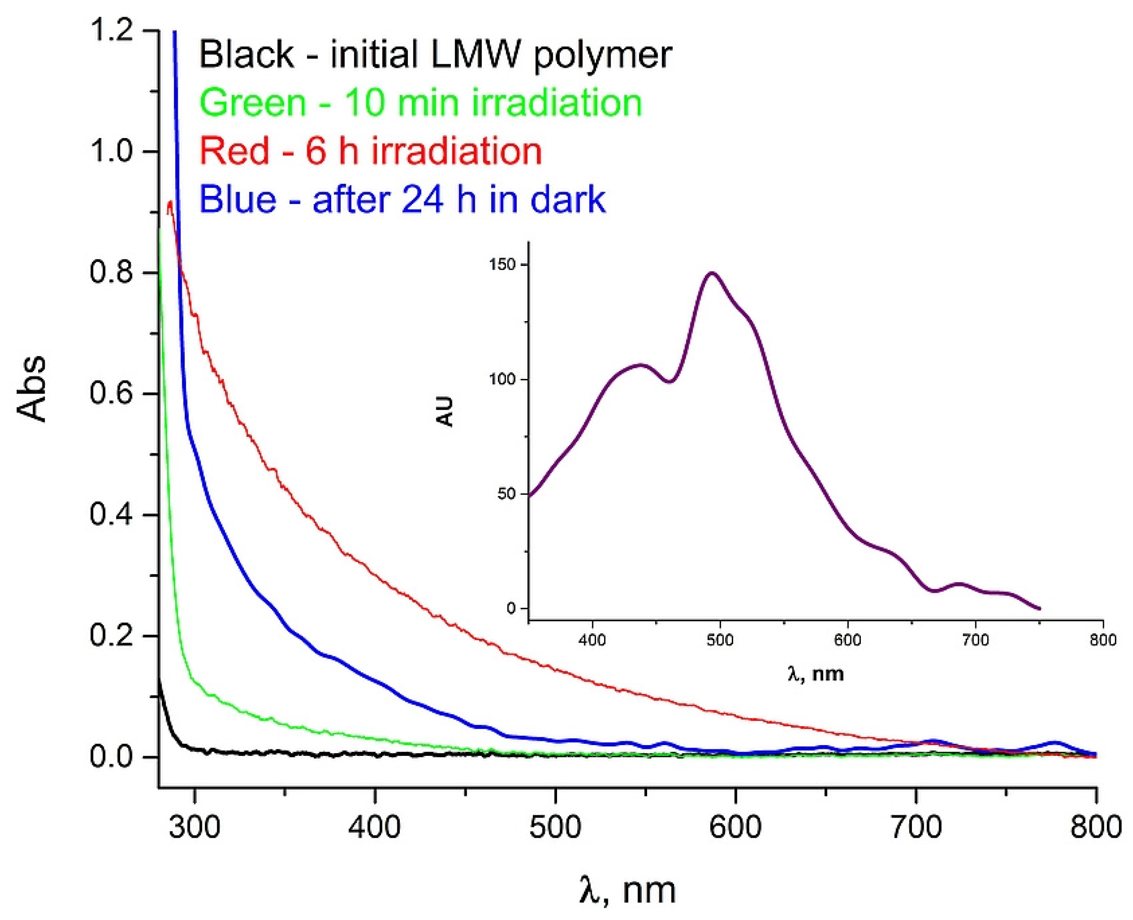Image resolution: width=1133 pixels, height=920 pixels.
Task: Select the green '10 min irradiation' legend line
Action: click(x=421, y=103)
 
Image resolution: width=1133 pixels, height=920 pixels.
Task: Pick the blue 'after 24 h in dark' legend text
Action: click(x=402, y=199)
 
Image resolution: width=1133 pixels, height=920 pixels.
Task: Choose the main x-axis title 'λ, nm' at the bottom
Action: click(x=627, y=890)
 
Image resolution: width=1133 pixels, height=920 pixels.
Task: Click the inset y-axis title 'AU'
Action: click(x=447, y=411)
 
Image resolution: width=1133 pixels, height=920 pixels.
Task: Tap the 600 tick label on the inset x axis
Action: click(x=848, y=640)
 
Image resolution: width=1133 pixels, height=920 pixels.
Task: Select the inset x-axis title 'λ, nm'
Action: click(x=815, y=674)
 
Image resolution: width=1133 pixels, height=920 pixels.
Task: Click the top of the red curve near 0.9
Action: click(x=170, y=202)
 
